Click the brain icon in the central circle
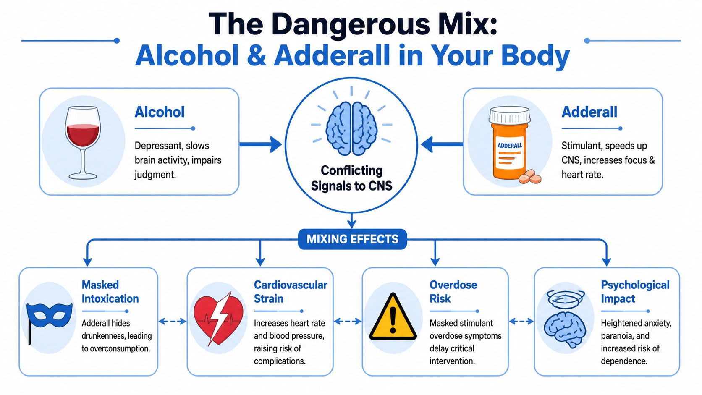click(351, 128)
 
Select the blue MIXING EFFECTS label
click(352, 239)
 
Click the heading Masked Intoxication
click(110, 292)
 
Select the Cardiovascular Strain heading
click(290, 292)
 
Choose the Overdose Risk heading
click(453, 292)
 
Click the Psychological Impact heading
click(635, 292)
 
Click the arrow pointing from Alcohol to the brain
click(260, 144)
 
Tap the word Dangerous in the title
click(351, 24)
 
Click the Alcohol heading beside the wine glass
click(160, 112)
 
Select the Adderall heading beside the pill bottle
click(589, 112)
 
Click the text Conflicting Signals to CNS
click(351, 178)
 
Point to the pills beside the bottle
click(530, 177)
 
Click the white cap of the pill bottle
click(510, 114)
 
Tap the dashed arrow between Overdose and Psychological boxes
click(521, 322)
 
